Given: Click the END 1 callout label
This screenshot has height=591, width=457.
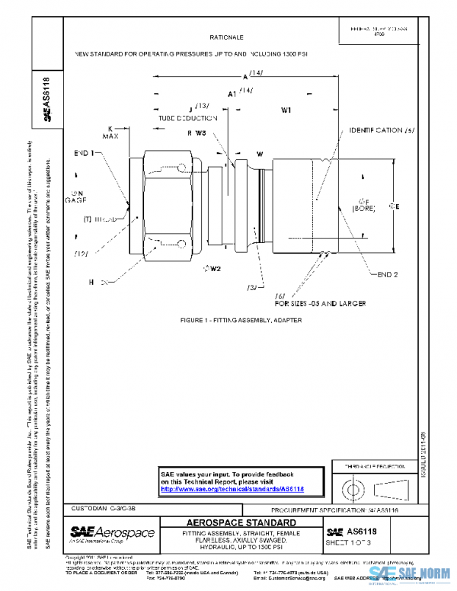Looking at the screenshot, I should [83, 153].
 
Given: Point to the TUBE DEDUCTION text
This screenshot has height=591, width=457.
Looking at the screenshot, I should [184, 120].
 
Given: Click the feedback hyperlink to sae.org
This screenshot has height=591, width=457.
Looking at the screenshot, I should [232, 488].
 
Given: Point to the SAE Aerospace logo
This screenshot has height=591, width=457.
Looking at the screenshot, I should [111, 533].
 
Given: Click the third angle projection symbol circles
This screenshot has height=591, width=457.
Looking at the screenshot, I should [353, 487].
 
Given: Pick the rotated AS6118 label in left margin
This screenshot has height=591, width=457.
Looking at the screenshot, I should [46, 99].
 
